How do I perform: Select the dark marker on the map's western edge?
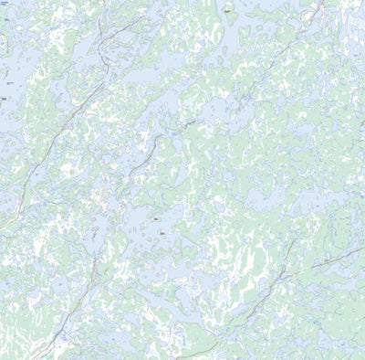click(5, 97)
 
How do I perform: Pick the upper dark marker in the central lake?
click(156, 219)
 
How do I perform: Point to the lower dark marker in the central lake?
click(162, 233)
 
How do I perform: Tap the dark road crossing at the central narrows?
click(187, 122)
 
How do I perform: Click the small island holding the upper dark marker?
click(156, 220)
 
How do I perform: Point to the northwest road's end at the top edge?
click(146, 2)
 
